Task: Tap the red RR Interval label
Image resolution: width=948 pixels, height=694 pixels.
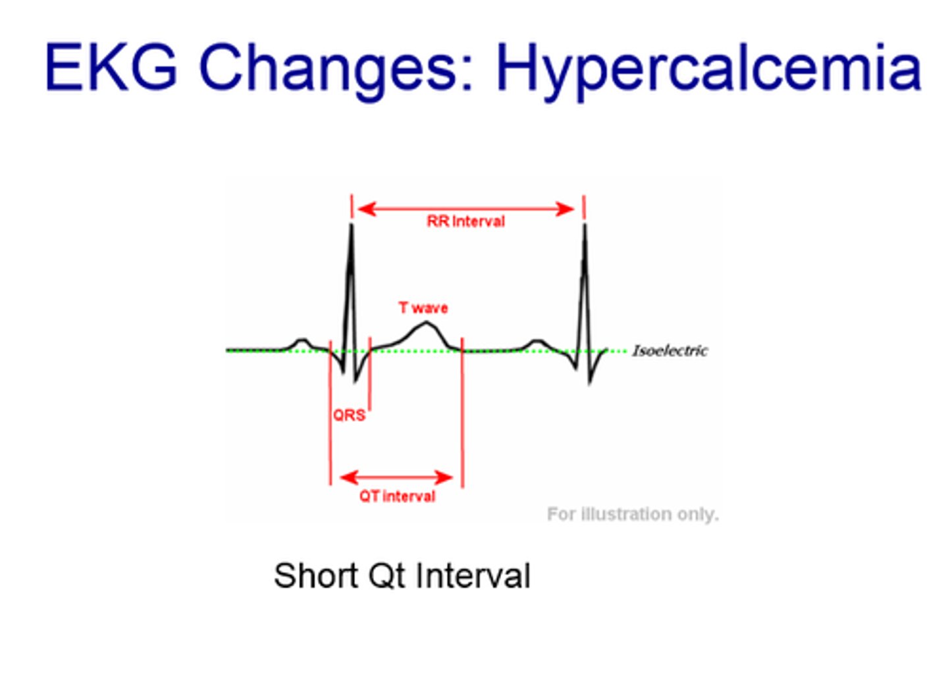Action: click(x=465, y=222)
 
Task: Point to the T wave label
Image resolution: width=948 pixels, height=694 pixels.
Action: click(x=423, y=307)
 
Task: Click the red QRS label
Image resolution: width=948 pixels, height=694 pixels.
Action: click(x=348, y=415)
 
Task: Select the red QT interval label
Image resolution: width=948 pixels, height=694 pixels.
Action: click(x=397, y=496)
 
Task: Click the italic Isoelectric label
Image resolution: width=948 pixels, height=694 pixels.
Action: click(x=670, y=350)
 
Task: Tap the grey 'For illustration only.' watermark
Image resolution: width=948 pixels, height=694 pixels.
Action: click(x=632, y=514)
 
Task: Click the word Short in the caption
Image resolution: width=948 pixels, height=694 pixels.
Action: click(x=316, y=575)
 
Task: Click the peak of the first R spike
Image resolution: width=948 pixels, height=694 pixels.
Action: click(x=351, y=226)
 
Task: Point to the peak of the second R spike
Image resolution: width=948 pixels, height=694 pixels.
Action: click(x=584, y=226)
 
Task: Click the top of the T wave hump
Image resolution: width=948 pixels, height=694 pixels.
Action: click(x=427, y=323)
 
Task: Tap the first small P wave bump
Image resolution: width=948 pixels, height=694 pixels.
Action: click(x=302, y=340)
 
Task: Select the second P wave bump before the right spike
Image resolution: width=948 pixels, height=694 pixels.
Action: click(x=537, y=341)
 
